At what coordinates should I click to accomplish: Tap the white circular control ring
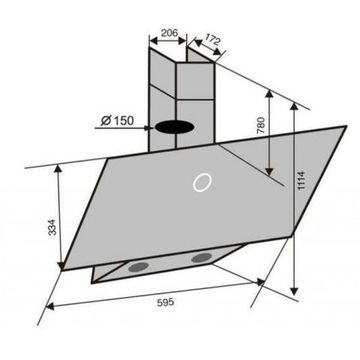point(203,184)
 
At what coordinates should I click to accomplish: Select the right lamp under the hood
point(202,260)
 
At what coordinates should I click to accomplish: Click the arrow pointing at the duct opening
point(148,126)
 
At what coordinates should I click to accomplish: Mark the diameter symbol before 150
point(105,123)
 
